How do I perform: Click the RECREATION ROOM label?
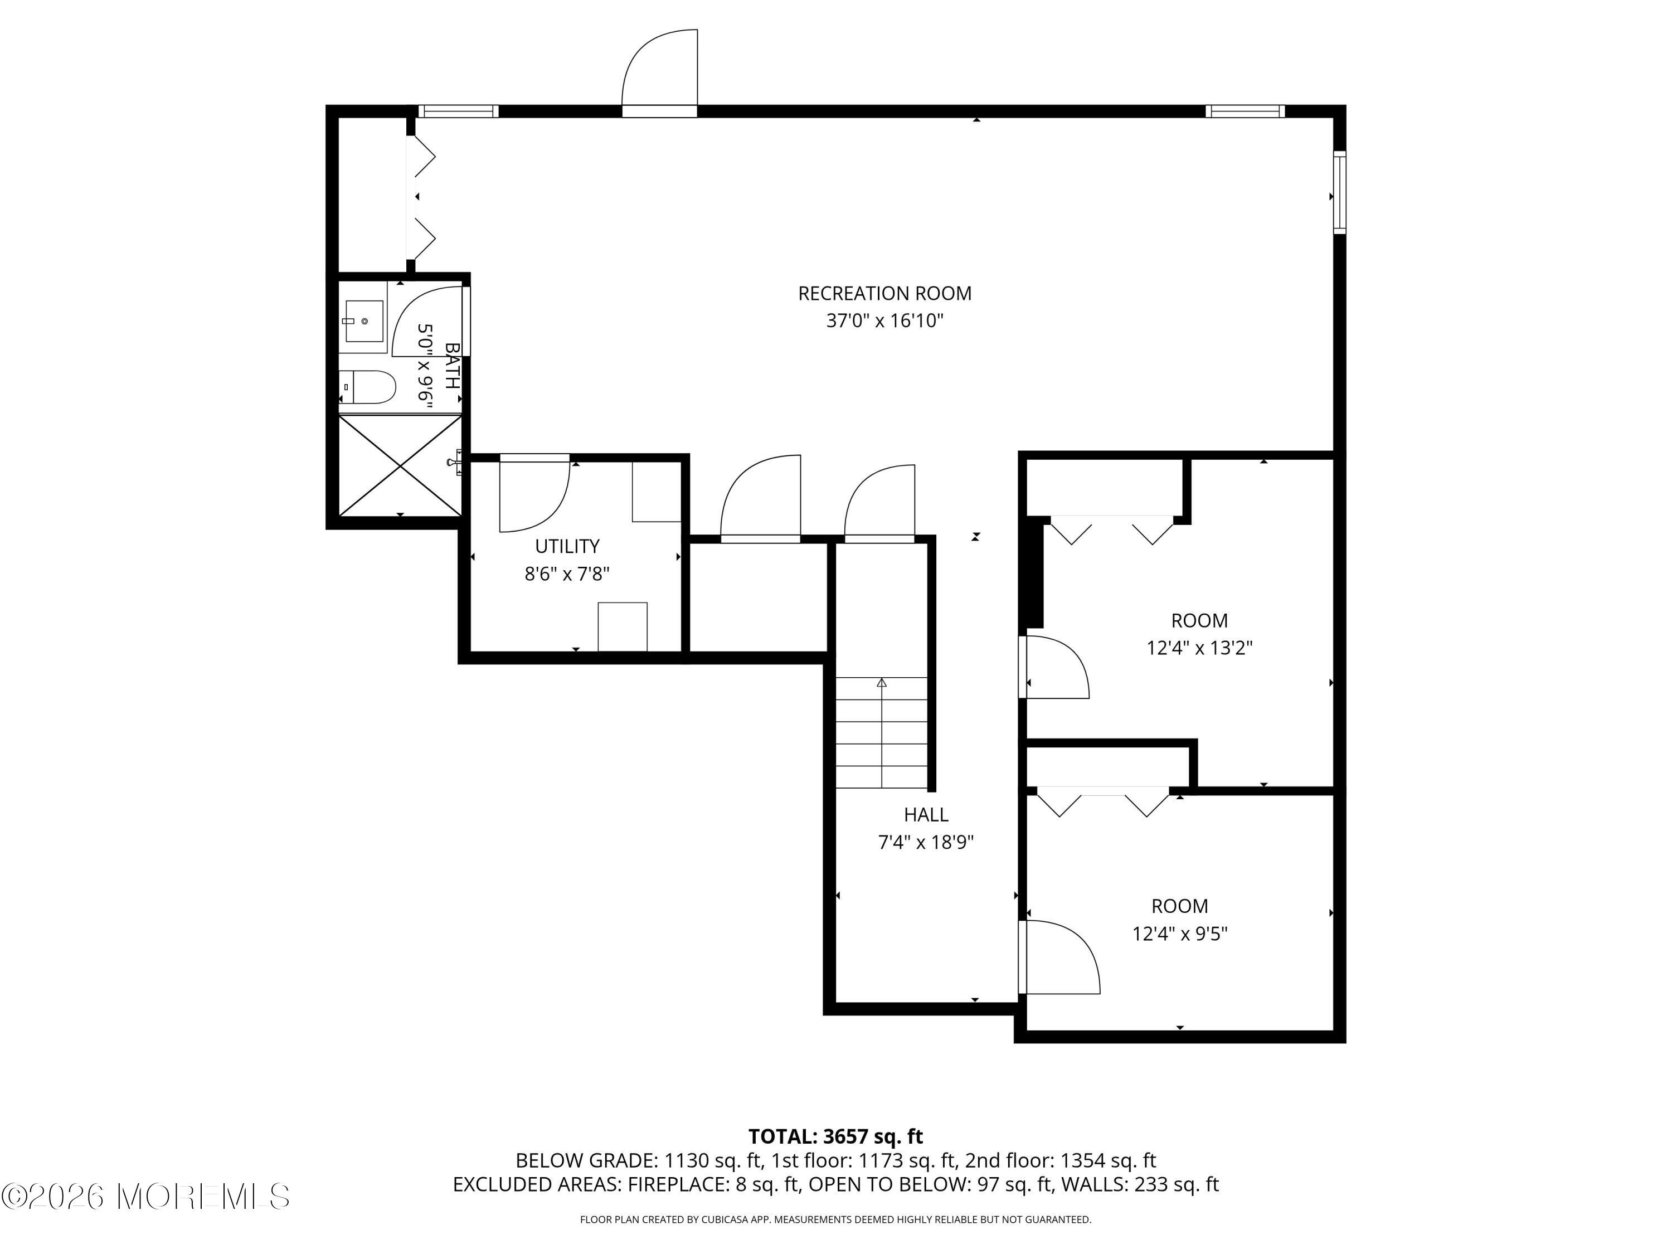pos(884,293)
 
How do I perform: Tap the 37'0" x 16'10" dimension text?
pos(884,320)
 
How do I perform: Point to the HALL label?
pos(926,814)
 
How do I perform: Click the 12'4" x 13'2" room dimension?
pos(1199,648)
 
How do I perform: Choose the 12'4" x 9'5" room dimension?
pos(1179,934)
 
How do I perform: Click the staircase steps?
pos(881,732)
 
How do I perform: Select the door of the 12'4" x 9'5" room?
pos(1058,956)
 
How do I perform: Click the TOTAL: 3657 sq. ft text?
pos(835,1136)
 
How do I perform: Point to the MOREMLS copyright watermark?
pos(145,1196)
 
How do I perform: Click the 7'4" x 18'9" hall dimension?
pos(926,842)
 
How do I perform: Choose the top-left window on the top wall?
pos(459,111)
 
